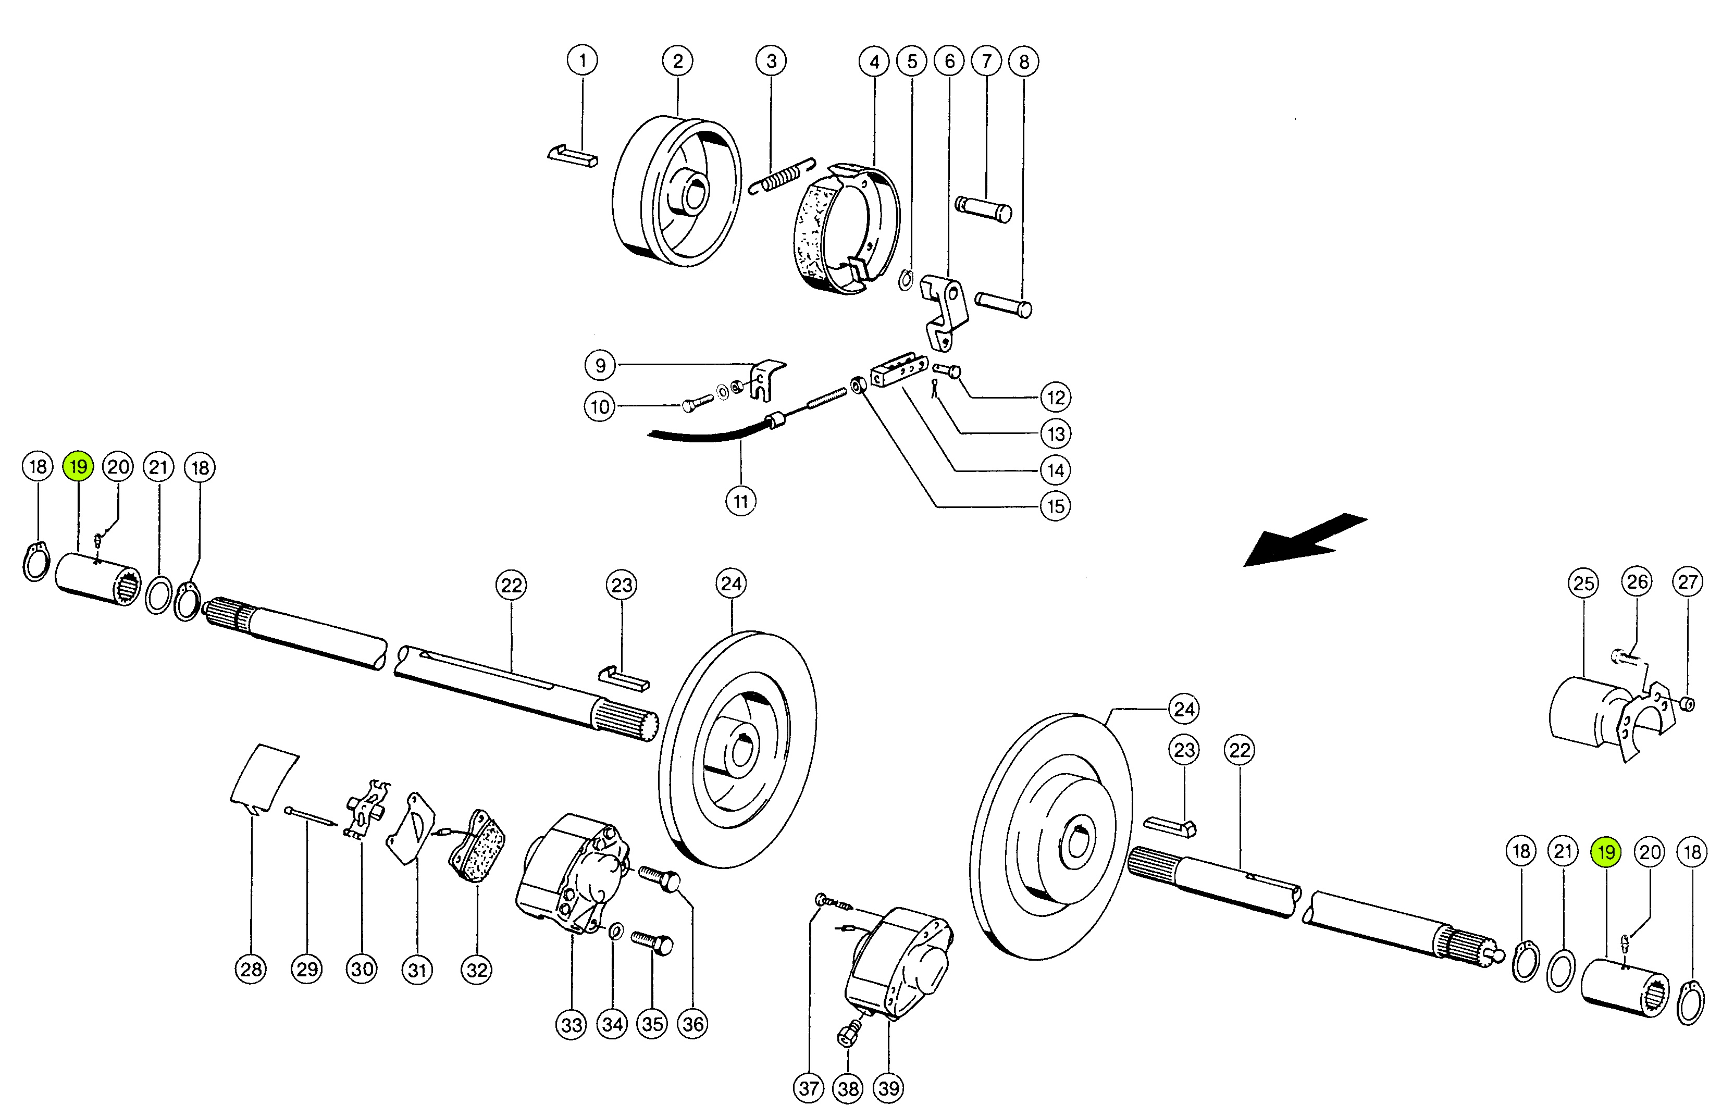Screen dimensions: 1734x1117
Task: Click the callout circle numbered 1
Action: tap(583, 60)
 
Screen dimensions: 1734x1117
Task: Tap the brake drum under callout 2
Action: tap(677, 191)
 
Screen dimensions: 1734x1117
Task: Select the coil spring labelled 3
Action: tap(782, 176)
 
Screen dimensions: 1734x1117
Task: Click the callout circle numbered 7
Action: tap(986, 61)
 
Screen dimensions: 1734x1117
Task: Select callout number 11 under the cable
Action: tap(740, 501)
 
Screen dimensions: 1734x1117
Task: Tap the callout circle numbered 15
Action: tap(1055, 506)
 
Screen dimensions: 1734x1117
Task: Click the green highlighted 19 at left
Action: tap(78, 466)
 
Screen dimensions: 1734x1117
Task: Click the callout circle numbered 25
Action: tap(1583, 583)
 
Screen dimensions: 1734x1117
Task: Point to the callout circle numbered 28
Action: tap(251, 969)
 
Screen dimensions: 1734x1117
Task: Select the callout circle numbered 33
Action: tap(572, 1025)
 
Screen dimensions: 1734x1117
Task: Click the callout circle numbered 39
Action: tap(888, 1088)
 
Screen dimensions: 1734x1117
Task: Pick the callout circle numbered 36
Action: tap(692, 1024)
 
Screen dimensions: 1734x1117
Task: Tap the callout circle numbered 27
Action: tap(1688, 582)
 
